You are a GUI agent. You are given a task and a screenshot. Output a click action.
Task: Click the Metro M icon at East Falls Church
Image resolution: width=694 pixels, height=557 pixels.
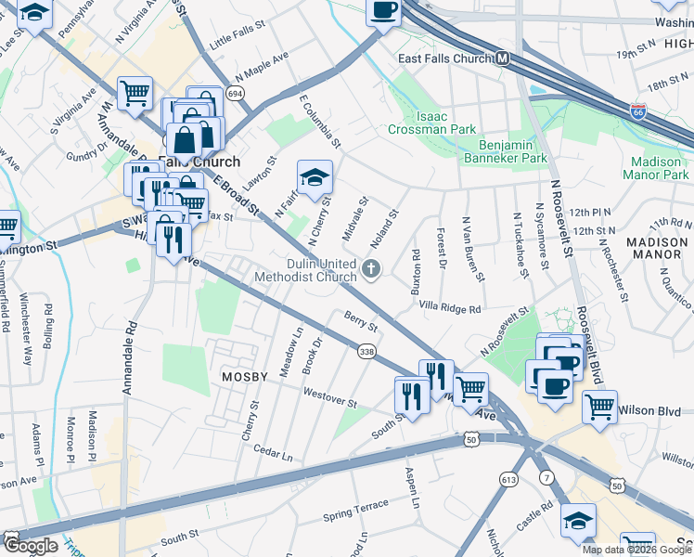pos(503,58)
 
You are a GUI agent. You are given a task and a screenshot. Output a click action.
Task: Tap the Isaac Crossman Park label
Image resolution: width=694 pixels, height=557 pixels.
pos(444,123)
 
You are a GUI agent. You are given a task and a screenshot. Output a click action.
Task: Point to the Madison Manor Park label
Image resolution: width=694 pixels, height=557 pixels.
pos(656,168)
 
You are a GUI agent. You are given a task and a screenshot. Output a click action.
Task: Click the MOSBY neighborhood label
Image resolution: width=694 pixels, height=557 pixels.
pos(244,377)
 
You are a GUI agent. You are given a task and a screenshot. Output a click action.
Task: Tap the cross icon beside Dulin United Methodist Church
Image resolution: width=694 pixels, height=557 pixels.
pos(371,270)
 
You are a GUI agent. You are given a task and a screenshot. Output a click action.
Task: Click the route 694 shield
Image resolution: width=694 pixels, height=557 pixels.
pos(235,95)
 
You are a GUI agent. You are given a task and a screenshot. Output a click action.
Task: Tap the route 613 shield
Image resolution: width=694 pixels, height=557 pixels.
pos(508,479)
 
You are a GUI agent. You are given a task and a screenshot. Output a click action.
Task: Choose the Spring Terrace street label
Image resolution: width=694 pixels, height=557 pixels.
pos(355,509)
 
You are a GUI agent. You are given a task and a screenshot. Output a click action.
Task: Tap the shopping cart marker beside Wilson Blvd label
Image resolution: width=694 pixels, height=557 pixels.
pos(600,405)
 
